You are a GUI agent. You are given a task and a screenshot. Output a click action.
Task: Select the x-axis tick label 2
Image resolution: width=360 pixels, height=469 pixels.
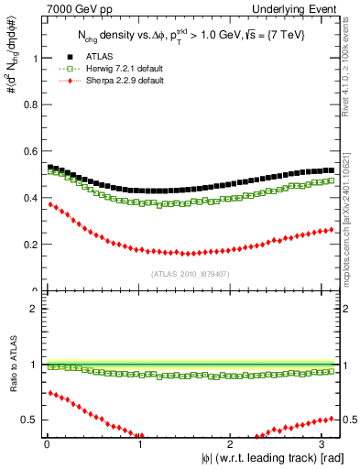point(232,443)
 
